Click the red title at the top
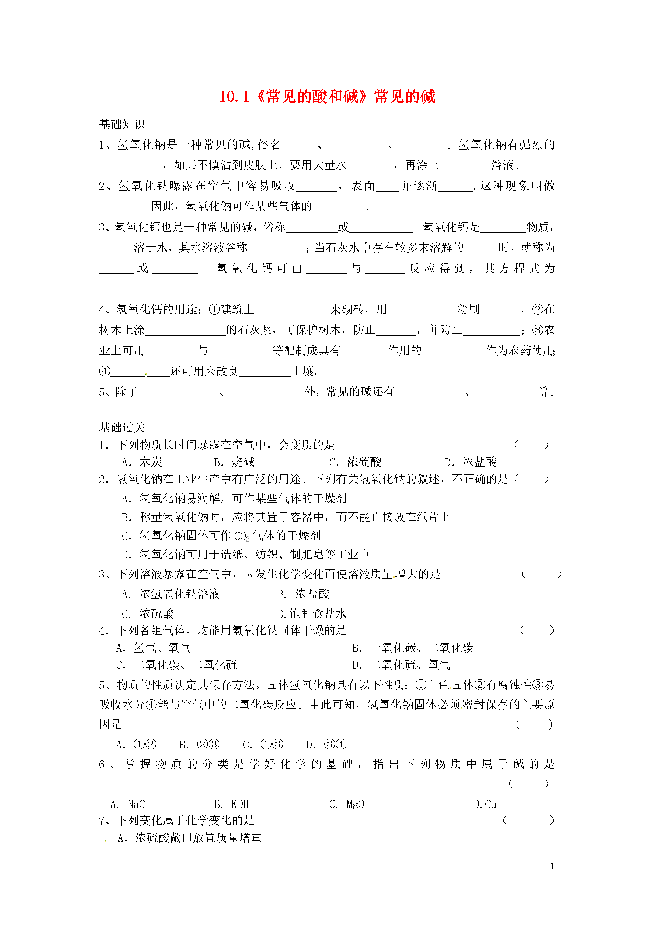point(327,97)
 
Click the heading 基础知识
point(122,124)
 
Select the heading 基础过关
point(122,427)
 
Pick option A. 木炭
point(142,462)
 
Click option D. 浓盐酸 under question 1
point(471,462)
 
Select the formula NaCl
point(139,804)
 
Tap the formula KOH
point(240,804)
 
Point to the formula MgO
point(355,804)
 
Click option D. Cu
point(485,804)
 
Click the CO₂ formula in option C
point(242,537)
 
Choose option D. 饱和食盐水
point(312,614)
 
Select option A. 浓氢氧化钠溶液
point(171,594)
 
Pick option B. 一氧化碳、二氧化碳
point(413,648)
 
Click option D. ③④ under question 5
point(326,745)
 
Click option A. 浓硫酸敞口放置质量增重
point(190,838)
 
